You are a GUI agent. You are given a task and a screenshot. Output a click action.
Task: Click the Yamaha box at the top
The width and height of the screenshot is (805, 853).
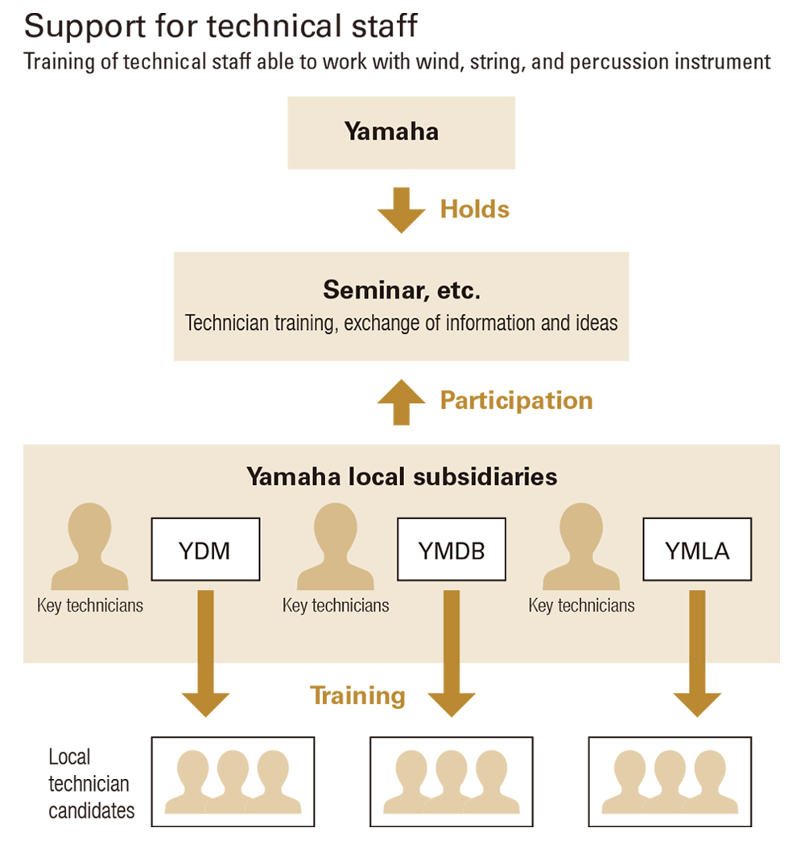tap(401, 132)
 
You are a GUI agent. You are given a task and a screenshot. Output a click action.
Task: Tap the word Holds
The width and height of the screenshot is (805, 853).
tap(474, 209)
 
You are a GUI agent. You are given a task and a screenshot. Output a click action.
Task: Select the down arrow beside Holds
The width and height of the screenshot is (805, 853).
tap(401, 209)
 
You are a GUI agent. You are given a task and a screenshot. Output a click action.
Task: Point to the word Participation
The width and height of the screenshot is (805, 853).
tap(516, 400)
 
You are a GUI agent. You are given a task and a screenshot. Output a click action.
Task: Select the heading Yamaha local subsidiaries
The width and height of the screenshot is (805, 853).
tap(401, 476)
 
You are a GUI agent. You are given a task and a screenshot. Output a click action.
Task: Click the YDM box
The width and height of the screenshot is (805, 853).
tap(205, 550)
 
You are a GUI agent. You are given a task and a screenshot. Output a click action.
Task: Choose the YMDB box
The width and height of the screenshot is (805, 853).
tap(451, 550)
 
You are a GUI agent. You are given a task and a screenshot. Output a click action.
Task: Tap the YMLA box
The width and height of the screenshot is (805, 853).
tap(697, 550)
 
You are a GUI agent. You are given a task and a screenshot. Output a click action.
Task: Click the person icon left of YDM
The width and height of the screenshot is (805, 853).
tap(89, 547)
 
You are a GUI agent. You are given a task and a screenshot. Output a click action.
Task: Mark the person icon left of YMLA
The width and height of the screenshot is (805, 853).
tap(581, 547)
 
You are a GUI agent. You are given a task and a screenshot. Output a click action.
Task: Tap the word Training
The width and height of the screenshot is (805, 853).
tap(357, 695)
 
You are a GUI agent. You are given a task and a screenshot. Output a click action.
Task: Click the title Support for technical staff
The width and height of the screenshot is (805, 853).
tap(221, 26)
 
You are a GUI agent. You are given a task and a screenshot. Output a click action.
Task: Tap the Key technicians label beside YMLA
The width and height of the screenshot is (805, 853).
tap(581, 605)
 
